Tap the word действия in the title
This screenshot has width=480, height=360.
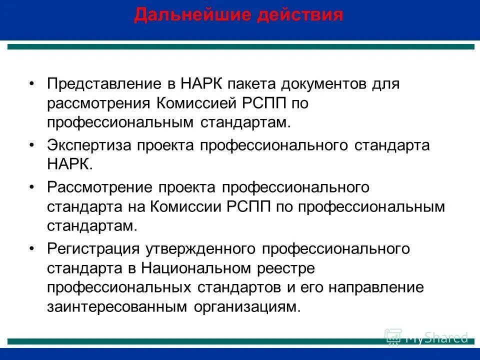(x=300, y=14)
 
